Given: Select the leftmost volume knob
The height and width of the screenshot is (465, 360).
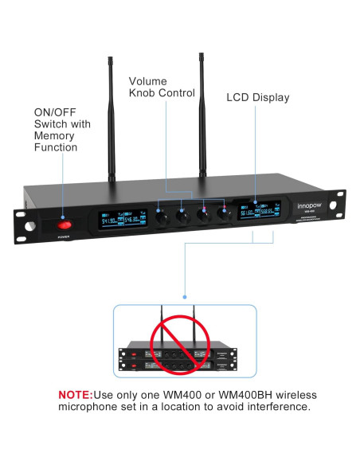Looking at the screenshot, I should (162, 215).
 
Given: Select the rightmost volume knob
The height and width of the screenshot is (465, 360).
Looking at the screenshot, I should (226, 214).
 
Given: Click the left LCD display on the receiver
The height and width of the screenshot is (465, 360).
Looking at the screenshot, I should (115, 221).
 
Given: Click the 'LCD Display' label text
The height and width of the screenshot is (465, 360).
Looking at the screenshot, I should (258, 98).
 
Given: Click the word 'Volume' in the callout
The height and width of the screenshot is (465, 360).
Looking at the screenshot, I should (148, 80).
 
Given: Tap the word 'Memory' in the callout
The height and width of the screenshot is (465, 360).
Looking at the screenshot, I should (55, 136).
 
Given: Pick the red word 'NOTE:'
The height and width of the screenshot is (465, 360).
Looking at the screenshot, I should (76, 395).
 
